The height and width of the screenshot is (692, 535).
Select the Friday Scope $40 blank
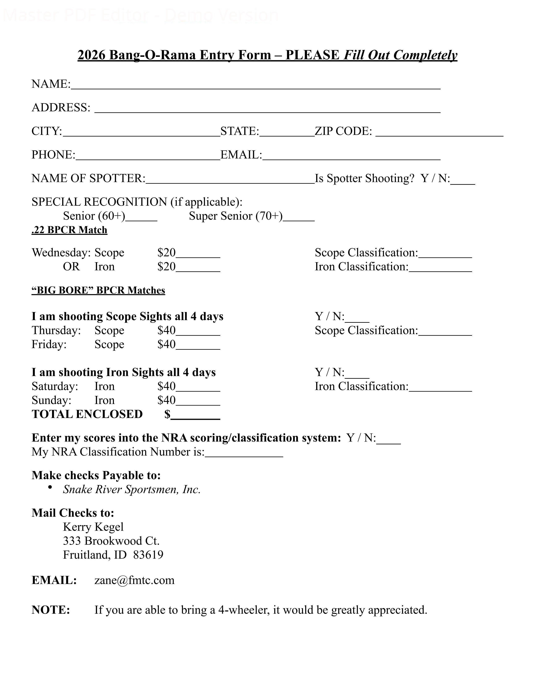198,345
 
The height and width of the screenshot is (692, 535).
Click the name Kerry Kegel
93,527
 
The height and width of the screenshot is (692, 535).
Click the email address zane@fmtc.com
134,580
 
